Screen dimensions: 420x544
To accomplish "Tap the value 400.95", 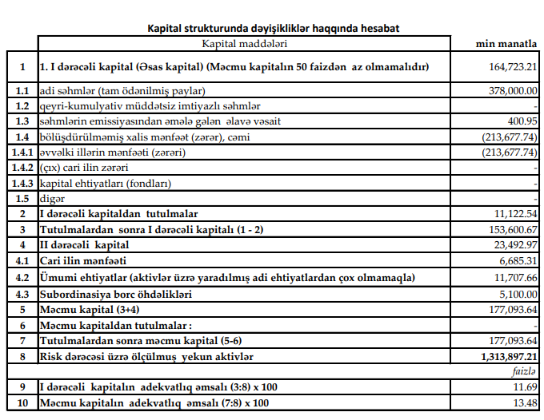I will click(x=521, y=121).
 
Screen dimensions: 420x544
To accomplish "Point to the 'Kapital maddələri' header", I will click(x=245, y=43).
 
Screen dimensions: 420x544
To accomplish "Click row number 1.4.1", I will click(x=22, y=153).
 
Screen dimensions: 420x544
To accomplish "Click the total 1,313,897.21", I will click(x=508, y=356).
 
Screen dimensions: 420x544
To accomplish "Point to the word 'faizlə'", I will click(x=524, y=371).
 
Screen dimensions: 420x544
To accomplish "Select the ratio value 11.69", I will click(x=525, y=386).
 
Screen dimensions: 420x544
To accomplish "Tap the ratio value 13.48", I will click(x=525, y=402).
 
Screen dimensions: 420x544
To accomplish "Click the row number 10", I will click(x=22, y=402).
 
